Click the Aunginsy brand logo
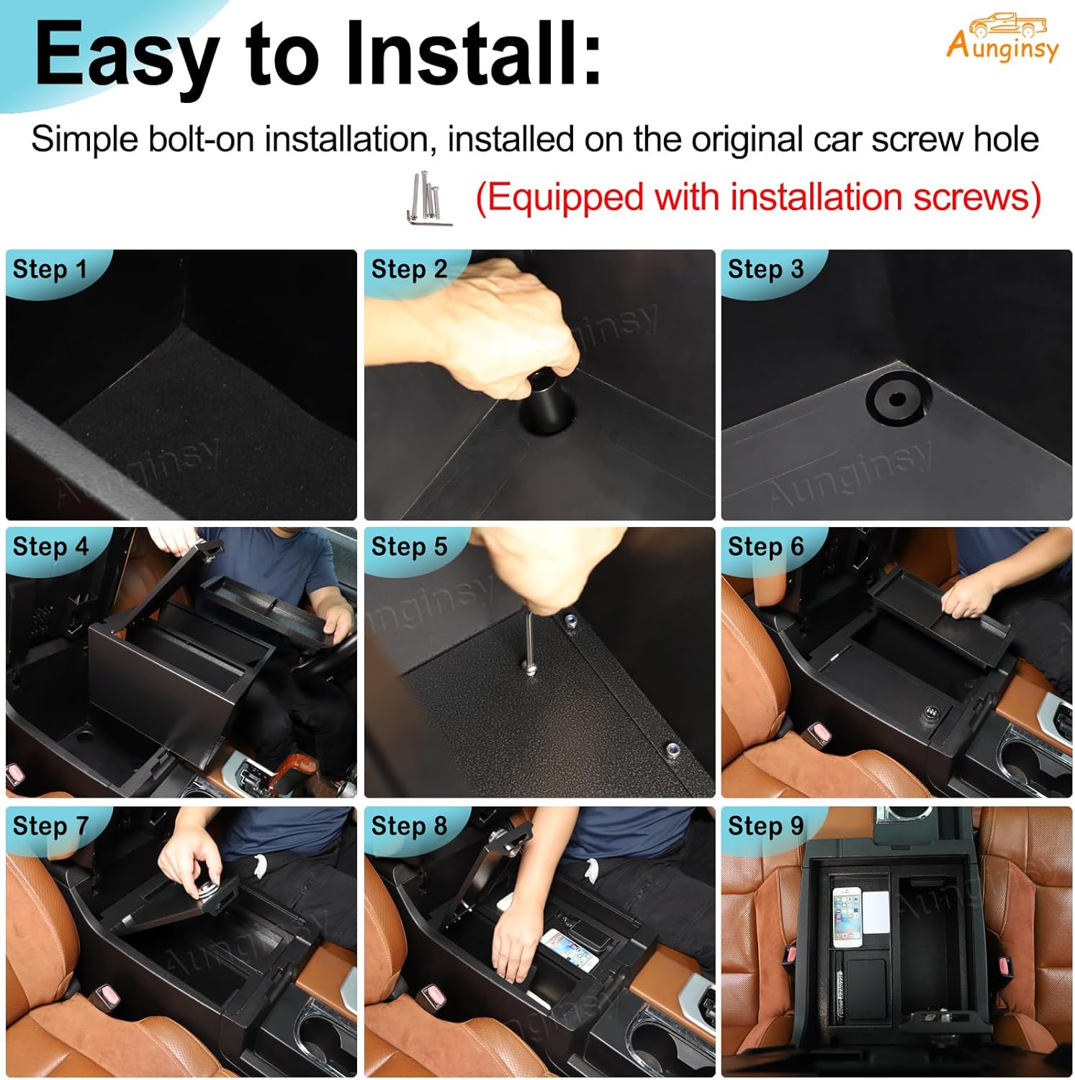pyautogui.click(x=1002, y=37)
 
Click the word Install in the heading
pyautogui.click(x=472, y=55)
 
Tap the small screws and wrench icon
pyautogui.click(x=428, y=199)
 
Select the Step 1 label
pyautogui.click(x=50, y=269)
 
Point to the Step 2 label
pyautogui.click(x=409, y=269)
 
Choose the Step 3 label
pyautogui.click(x=765, y=269)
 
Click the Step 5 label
pyautogui.click(x=409, y=546)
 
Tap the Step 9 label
pyautogui.click(x=765, y=826)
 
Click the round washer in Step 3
pyautogui.click(x=897, y=399)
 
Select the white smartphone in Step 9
pyautogui.click(x=847, y=916)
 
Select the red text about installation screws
pyautogui.click(x=757, y=197)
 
